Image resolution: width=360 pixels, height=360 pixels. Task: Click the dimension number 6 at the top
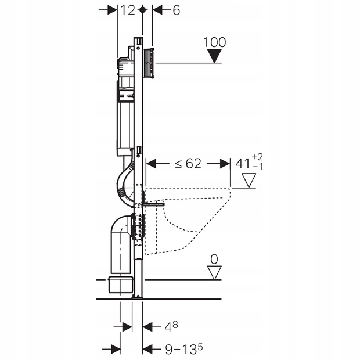pos(176,10)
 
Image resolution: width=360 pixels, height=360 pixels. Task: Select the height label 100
pos(215,42)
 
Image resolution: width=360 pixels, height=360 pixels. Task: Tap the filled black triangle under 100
pos(215,56)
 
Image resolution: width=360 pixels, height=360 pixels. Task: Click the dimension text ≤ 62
pos(186,164)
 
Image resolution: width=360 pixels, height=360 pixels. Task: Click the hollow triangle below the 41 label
pos(249,181)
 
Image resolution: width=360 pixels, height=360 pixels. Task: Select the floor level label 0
pos(214,257)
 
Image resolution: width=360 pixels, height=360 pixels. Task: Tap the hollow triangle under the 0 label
pos(214,272)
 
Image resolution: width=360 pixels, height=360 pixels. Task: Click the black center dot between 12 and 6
pos(142,10)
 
